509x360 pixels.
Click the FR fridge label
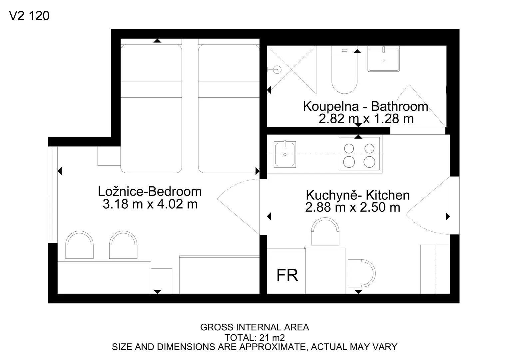(287, 275)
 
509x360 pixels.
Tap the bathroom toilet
(344, 70)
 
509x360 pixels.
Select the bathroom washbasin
(383, 59)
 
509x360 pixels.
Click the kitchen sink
(285, 154)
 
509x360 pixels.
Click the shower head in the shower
(275, 69)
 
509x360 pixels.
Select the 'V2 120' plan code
(29, 16)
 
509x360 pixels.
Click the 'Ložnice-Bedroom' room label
(150, 191)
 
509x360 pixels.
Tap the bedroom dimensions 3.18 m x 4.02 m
(150, 204)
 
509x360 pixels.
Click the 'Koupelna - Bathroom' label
(366, 106)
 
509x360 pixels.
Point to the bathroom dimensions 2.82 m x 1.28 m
(366, 118)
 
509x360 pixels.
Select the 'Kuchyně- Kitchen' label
(358, 195)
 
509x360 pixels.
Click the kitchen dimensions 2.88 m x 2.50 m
(352, 207)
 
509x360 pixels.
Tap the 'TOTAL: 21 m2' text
(254, 338)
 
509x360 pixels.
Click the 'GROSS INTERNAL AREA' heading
(254, 327)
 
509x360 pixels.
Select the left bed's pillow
(151, 63)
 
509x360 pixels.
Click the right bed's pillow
(229, 63)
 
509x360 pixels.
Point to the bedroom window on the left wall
(53, 194)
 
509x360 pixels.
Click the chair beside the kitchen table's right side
(361, 273)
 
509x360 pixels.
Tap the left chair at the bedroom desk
(79, 245)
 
